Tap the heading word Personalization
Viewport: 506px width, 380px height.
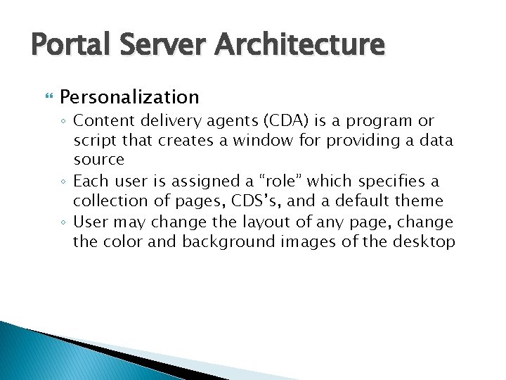[x=129, y=96]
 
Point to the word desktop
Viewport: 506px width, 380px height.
[x=425, y=242]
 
